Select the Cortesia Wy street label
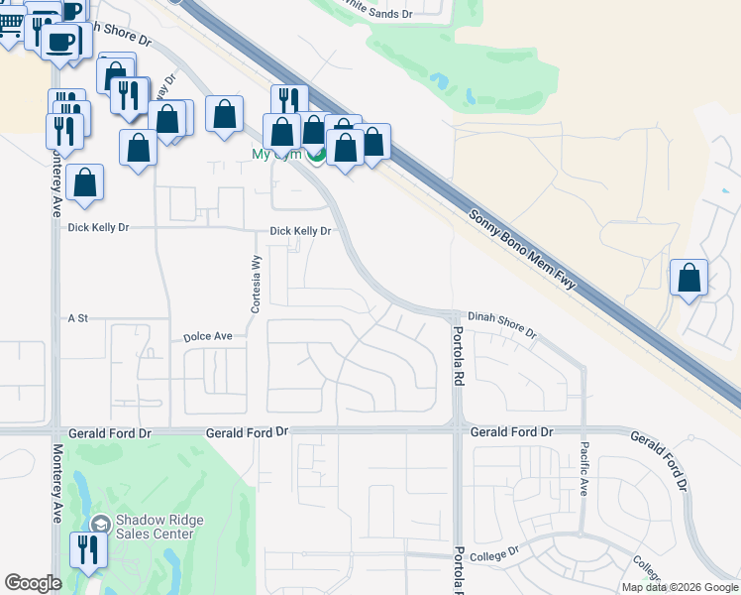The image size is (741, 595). pyautogui.click(x=256, y=283)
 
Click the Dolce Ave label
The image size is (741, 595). pyautogui.click(x=208, y=337)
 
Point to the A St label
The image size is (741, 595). pyautogui.click(x=78, y=318)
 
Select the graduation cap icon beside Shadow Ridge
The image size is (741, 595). pyautogui.click(x=100, y=525)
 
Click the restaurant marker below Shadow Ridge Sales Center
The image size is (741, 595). pyautogui.click(x=86, y=548)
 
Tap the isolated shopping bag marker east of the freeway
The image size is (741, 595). pyautogui.click(x=688, y=278)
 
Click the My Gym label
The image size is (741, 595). pyautogui.click(x=274, y=155)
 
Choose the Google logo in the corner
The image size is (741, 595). pyautogui.click(x=34, y=583)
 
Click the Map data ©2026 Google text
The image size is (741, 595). pyautogui.click(x=679, y=587)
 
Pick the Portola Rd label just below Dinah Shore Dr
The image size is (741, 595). pyautogui.click(x=458, y=356)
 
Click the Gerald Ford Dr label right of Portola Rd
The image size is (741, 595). pyautogui.click(x=511, y=432)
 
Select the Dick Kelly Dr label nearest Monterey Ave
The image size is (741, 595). pyautogui.click(x=99, y=227)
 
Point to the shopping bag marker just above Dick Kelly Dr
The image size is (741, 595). pyautogui.click(x=86, y=183)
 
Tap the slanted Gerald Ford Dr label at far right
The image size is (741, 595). pyautogui.click(x=658, y=460)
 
